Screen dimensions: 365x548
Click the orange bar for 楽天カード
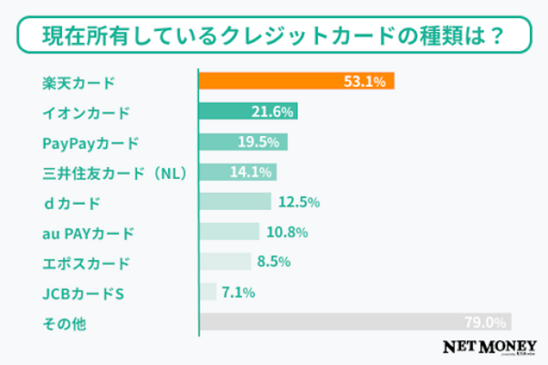point(274,81)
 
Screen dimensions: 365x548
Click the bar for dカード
point(234,202)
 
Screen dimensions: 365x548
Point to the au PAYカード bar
point(228,232)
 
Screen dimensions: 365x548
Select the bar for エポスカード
point(224,262)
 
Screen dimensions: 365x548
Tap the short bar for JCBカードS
point(207,292)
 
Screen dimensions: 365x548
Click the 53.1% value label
point(370,81)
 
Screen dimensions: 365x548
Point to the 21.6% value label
point(272,111)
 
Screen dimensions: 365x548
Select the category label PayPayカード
point(91,142)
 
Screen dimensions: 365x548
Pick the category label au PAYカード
point(89,233)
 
